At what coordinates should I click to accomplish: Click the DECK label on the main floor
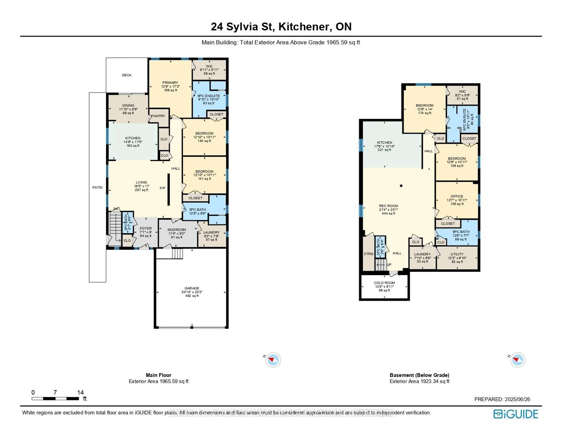127,75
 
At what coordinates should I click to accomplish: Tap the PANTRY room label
158,116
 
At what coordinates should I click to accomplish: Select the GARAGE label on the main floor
192,288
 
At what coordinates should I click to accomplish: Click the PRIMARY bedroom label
170,83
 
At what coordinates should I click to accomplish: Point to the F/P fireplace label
162,188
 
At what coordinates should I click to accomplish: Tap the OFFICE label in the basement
457,196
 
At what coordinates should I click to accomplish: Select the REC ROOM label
388,206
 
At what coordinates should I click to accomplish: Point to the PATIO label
97,188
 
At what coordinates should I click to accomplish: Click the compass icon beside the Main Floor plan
273,360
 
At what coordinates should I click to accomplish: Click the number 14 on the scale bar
80,392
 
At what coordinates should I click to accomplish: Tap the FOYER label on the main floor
146,228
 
